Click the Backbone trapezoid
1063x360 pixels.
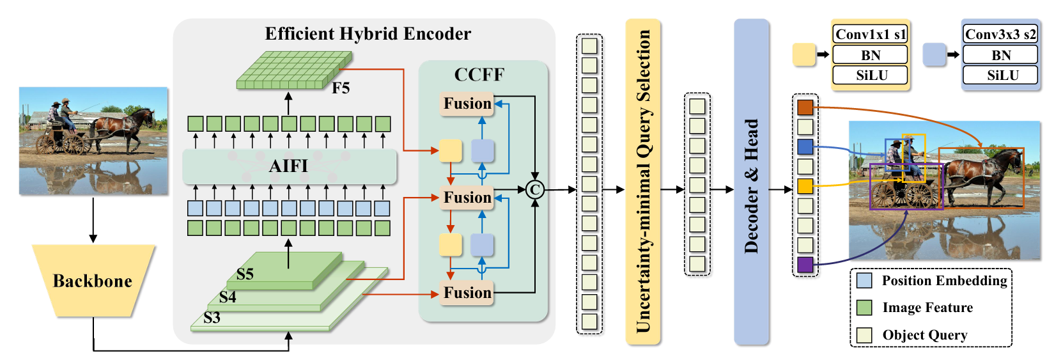(x=93, y=281)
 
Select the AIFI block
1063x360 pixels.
(x=289, y=166)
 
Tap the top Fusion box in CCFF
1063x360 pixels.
(x=467, y=104)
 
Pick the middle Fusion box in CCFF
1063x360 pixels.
(x=467, y=198)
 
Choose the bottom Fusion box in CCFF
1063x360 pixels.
(x=467, y=293)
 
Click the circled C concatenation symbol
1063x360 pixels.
(x=535, y=189)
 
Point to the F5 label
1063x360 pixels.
(x=341, y=88)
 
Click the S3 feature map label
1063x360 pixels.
(x=212, y=318)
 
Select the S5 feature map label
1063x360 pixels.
(x=245, y=274)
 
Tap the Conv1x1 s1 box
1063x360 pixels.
(x=870, y=35)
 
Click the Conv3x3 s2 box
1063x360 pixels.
(x=1000, y=35)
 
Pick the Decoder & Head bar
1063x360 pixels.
(x=751, y=182)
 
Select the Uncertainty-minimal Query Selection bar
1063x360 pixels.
(x=643, y=182)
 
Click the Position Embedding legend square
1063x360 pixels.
(x=864, y=280)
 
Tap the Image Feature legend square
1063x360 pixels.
(x=864, y=308)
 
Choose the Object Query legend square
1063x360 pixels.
(x=864, y=335)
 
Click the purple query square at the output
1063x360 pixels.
(x=805, y=264)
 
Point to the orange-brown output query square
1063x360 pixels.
(x=805, y=107)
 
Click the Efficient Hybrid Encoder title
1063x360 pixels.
(x=368, y=34)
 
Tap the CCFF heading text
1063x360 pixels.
(x=479, y=75)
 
